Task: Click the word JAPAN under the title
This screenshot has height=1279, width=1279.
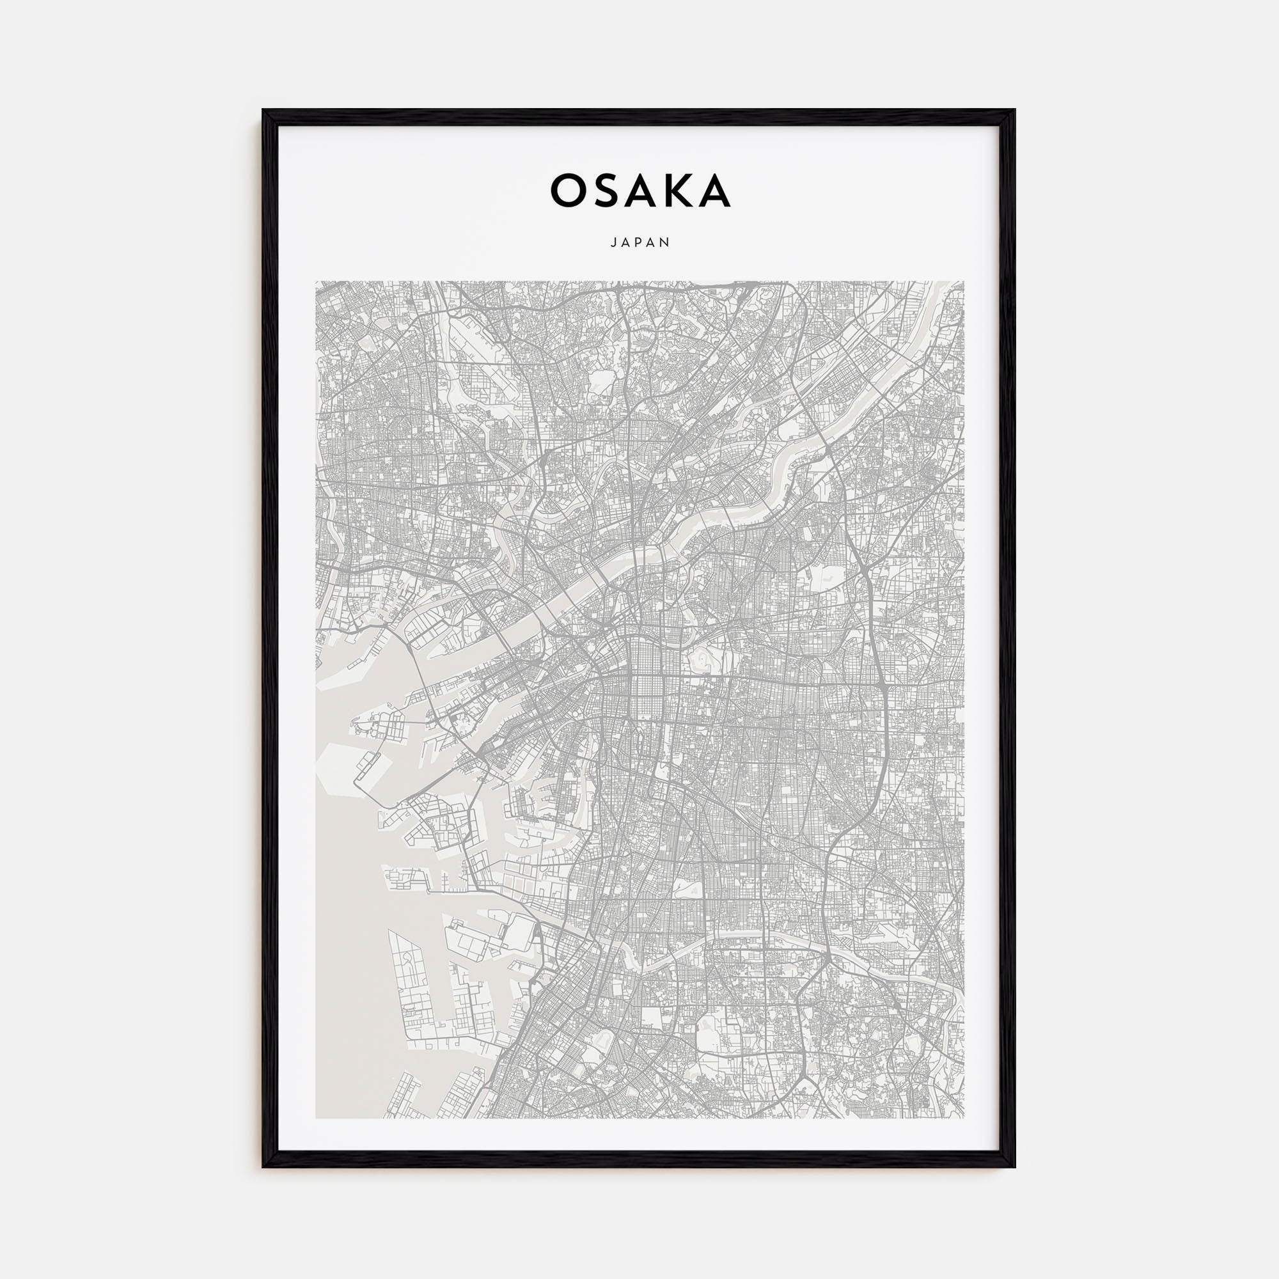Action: point(639,243)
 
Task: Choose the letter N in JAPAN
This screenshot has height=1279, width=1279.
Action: point(666,243)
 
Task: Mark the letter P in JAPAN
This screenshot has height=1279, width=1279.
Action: point(639,243)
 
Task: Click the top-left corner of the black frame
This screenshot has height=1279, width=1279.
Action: point(263,111)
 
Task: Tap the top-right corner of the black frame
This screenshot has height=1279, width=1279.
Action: point(1014,111)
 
